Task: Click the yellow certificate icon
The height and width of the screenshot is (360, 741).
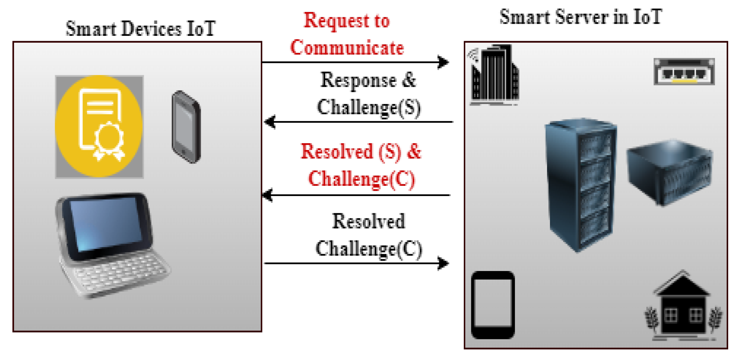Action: coord(99,126)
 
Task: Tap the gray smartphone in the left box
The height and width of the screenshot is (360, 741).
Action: coord(186,127)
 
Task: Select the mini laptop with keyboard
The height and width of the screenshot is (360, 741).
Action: coord(111,245)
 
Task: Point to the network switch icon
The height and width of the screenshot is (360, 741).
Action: coord(684,72)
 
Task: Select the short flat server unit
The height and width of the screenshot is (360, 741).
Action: coord(669,172)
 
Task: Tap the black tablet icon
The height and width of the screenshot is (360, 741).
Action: coord(493,305)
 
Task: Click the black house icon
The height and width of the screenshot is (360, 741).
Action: coord(683,307)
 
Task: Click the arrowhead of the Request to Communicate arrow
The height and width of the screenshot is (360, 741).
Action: coord(444,62)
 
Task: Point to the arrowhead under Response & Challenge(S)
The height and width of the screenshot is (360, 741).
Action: coord(270,122)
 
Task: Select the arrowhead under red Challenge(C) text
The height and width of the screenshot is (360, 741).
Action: coord(267,195)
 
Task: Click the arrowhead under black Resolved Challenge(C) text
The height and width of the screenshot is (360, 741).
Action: coord(444,263)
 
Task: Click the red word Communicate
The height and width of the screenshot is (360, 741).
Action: coord(347,48)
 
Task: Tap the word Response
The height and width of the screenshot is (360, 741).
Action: coord(358,80)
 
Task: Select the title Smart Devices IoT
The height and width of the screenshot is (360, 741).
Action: coord(141,29)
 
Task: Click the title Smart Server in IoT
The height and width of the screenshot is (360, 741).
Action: coord(581,17)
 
